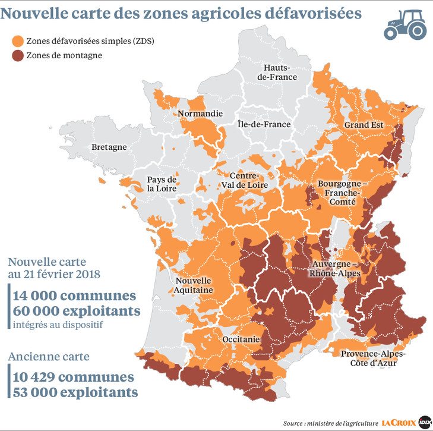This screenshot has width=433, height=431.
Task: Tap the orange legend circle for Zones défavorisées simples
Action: pyautogui.click(x=18, y=41)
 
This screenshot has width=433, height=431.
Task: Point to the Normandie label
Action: pyautogui.click(x=200, y=113)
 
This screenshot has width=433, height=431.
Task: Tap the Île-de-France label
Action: pyautogui.click(x=264, y=124)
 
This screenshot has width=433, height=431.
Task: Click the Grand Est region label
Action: pyautogui.click(x=363, y=125)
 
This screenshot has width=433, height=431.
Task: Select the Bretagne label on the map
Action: pyautogui.click(x=109, y=147)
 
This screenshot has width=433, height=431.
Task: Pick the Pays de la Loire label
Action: pyautogui.click(x=163, y=184)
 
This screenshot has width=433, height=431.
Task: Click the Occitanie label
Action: pyautogui.click(x=241, y=339)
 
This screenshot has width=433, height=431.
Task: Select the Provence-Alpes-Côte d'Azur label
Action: pyautogui.click(x=373, y=358)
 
